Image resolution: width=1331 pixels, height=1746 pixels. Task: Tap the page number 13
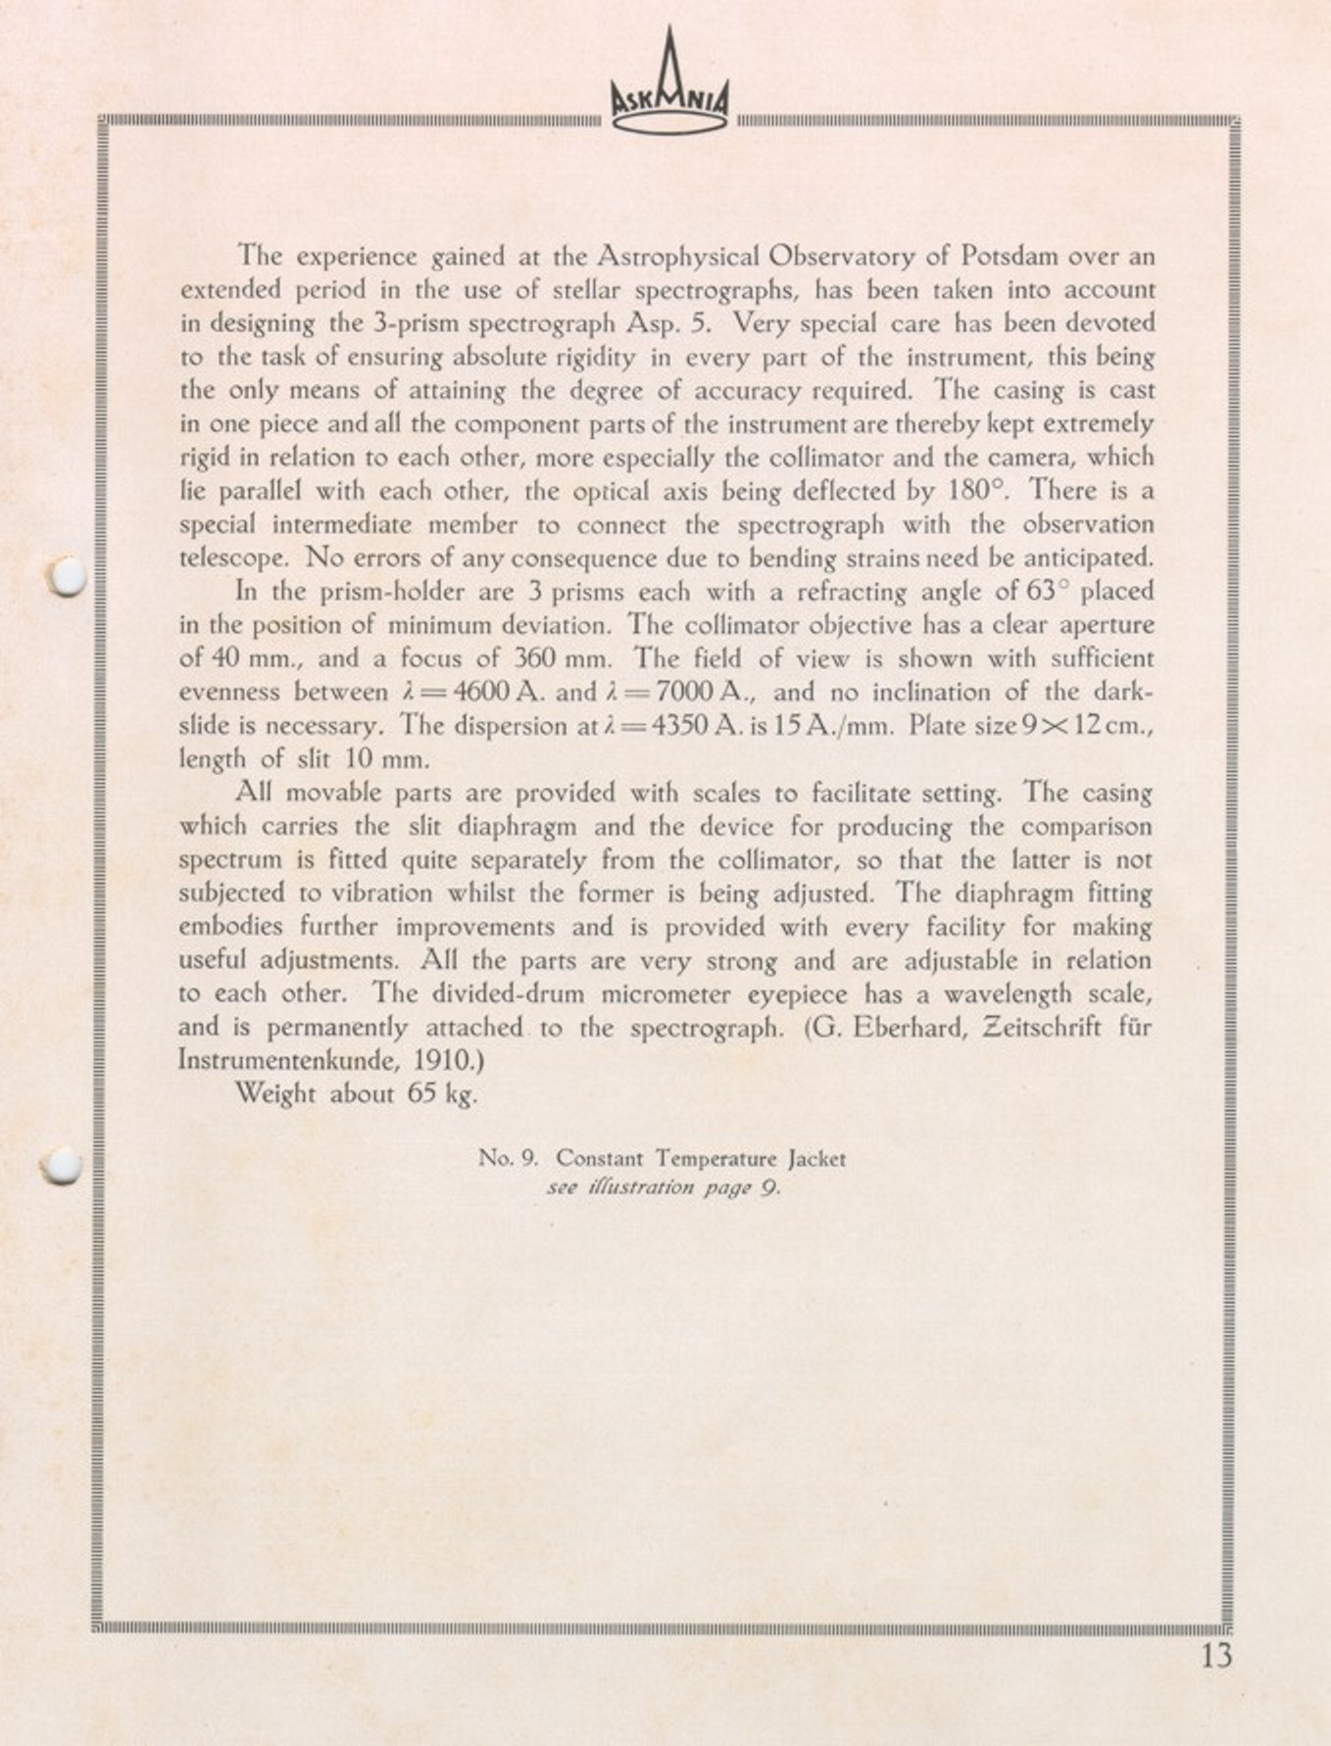(1215, 1655)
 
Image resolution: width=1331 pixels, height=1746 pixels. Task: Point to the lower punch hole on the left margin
(63, 1164)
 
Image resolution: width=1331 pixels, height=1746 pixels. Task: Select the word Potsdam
(1009, 257)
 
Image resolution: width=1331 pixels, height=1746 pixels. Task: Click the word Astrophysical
(678, 257)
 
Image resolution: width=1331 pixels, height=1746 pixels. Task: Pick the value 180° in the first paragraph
(979, 490)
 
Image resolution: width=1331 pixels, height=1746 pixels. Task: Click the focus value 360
(535, 658)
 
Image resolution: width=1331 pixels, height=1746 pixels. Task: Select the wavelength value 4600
(482, 693)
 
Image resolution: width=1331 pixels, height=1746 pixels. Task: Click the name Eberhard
(915, 1028)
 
